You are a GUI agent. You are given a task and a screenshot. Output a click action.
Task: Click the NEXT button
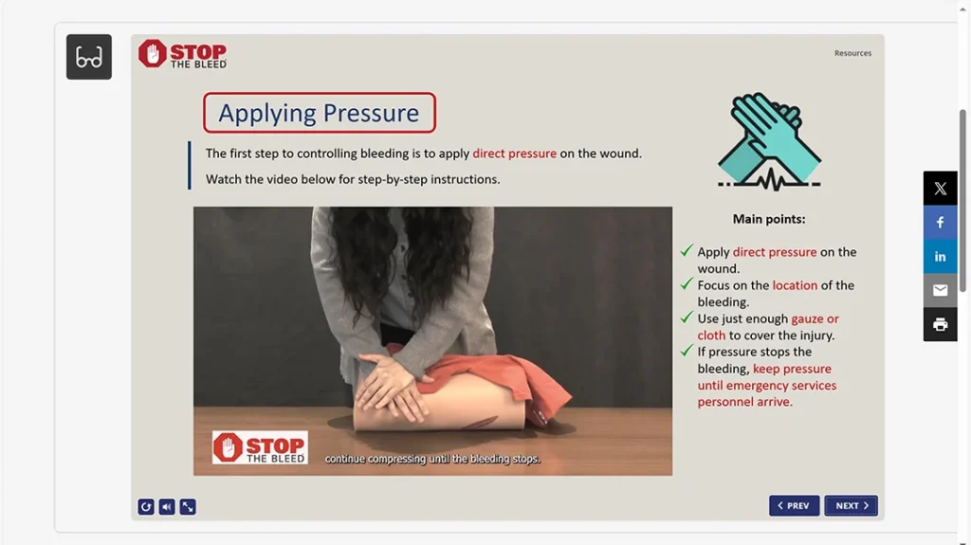click(x=851, y=506)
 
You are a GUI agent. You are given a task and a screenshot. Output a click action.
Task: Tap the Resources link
click(x=852, y=53)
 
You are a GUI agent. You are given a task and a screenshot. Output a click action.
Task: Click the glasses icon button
click(x=89, y=57)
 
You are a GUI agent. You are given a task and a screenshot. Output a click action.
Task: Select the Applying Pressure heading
click(x=319, y=113)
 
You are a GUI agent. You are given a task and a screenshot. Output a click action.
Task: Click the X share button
click(x=940, y=189)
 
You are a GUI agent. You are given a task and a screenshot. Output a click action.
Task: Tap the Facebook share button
click(x=940, y=223)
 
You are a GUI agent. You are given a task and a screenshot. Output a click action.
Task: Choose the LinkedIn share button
click(x=940, y=257)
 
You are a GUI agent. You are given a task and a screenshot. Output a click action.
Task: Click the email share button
click(x=940, y=291)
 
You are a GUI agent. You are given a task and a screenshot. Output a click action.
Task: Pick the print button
click(x=940, y=325)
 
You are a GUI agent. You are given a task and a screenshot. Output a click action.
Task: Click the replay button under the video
click(x=146, y=507)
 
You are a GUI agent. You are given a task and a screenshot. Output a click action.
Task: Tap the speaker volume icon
click(x=167, y=507)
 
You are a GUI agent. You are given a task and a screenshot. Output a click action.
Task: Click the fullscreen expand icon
click(x=188, y=507)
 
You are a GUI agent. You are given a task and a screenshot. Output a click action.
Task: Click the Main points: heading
click(x=768, y=219)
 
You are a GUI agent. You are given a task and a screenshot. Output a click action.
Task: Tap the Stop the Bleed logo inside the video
click(x=259, y=448)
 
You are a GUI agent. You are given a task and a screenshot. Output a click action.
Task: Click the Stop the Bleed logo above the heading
click(x=183, y=54)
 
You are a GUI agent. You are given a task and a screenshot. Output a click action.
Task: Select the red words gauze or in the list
click(x=815, y=319)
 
